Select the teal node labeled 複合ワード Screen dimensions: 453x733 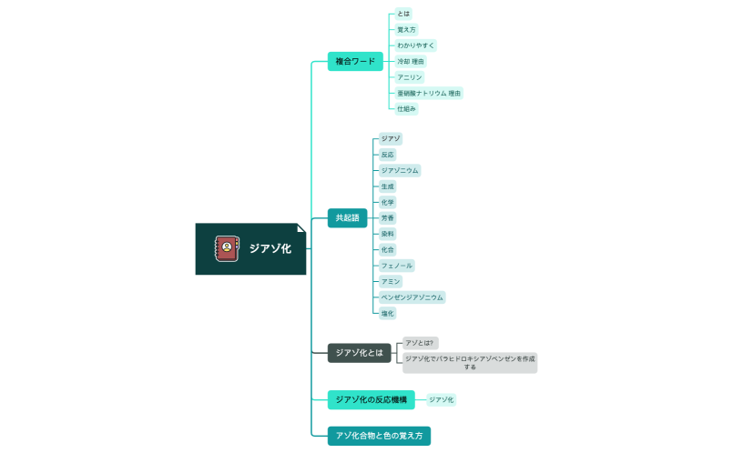[x=355, y=62]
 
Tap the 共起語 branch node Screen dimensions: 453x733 [x=347, y=218]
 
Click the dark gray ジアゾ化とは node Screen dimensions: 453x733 [x=360, y=353]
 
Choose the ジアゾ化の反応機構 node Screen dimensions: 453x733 [x=371, y=399]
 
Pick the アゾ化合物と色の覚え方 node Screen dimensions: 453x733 [x=379, y=436]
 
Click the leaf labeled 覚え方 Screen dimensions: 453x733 [x=406, y=30]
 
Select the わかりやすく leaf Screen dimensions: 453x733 [x=416, y=45]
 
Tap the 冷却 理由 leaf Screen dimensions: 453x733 [x=412, y=61]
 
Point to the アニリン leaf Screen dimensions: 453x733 [x=410, y=77]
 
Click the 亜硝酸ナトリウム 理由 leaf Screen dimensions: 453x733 [x=429, y=93]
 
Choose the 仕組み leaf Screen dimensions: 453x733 [x=406, y=109]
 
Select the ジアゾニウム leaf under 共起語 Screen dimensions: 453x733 [x=400, y=170]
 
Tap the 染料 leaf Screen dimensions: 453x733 [x=388, y=234]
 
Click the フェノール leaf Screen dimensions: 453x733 [x=397, y=266]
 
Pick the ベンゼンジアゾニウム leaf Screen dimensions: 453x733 [x=412, y=297]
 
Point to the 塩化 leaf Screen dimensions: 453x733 [x=388, y=313]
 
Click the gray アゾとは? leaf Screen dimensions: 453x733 [x=420, y=343]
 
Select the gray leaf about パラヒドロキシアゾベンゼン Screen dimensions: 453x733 [x=470, y=363]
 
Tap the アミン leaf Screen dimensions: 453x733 [x=391, y=282]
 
